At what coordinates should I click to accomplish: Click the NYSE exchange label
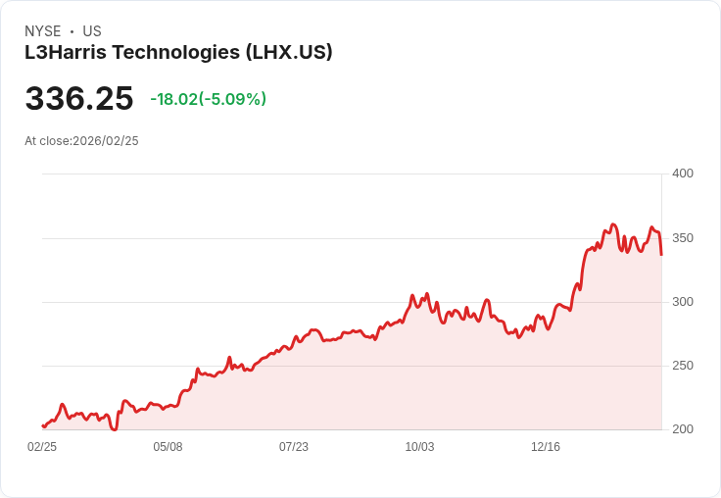43,31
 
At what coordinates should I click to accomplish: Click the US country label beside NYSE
92,31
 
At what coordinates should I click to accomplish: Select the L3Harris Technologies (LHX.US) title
178,53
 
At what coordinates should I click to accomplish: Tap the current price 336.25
79,99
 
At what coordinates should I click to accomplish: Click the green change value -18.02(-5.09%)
208,99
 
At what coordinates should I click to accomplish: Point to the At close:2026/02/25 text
81,141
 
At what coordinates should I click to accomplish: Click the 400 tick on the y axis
682,174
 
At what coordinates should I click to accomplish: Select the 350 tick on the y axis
682,238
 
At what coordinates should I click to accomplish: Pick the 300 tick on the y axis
682,302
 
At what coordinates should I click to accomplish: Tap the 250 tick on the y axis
682,366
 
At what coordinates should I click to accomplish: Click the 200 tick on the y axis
682,429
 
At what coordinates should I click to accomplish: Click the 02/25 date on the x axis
42,447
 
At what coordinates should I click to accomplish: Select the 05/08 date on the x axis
168,447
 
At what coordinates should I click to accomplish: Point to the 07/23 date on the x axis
294,447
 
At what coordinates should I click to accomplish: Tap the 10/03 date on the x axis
419,447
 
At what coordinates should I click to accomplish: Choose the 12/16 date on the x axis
546,447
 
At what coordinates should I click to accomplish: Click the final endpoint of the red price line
661,255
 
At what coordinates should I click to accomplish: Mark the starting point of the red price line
42,426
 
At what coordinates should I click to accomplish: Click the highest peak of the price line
613,224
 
